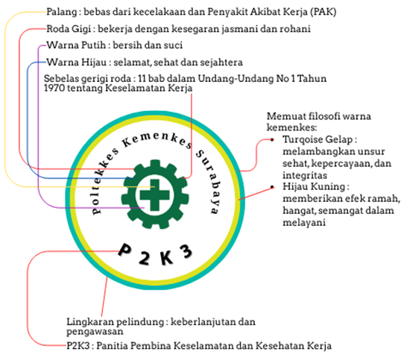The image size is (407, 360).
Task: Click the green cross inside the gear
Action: (155, 195)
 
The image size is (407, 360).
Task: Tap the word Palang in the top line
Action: (62, 12)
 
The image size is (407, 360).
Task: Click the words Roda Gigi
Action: (69, 29)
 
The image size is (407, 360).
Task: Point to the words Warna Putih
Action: (76, 45)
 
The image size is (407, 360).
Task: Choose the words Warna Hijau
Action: (77, 63)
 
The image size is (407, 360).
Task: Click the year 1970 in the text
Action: (54, 88)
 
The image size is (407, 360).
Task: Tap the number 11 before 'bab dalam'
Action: (142, 78)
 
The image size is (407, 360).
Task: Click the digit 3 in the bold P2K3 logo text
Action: (186, 251)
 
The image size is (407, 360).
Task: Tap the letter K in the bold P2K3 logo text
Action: (166, 257)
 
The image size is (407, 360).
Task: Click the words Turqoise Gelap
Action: (318, 139)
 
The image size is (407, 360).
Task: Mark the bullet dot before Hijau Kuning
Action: (272, 187)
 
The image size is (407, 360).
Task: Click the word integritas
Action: (305, 175)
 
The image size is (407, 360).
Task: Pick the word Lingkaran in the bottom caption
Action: (89, 322)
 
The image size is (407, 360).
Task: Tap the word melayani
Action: (304, 223)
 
